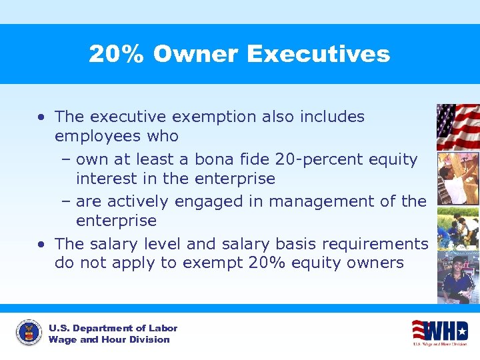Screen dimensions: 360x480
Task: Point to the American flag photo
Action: (x=457, y=126)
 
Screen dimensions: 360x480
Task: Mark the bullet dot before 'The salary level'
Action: (x=41, y=244)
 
